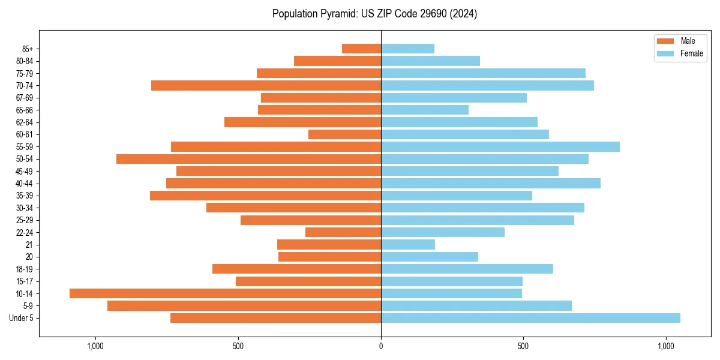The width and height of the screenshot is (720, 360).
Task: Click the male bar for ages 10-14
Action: point(225,293)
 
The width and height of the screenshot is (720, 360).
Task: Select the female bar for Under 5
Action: point(530,318)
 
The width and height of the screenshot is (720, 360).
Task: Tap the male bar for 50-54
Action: point(248,159)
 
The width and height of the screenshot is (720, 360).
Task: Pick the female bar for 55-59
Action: point(500,146)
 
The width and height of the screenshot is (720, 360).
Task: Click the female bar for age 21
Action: point(408,244)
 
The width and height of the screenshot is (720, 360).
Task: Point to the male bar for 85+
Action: point(361,49)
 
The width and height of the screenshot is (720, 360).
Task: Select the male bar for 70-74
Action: point(266,85)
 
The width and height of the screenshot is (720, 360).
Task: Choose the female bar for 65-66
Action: point(425,110)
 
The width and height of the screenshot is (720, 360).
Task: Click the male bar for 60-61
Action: point(344,134)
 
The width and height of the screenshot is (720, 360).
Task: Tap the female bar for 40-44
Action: point(491,183)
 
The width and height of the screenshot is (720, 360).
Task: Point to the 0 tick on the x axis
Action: point(381,346)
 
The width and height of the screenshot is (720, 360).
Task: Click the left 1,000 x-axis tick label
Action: point(95,346)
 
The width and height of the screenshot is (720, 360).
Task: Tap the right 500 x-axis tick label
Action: point(523,346)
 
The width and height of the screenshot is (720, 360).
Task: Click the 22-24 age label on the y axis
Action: point(25,232)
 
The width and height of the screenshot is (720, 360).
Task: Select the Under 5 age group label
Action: point(21,318)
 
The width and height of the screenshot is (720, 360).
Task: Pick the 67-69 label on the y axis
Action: point(25,98)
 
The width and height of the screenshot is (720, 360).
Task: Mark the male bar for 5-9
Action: point(244,305)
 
